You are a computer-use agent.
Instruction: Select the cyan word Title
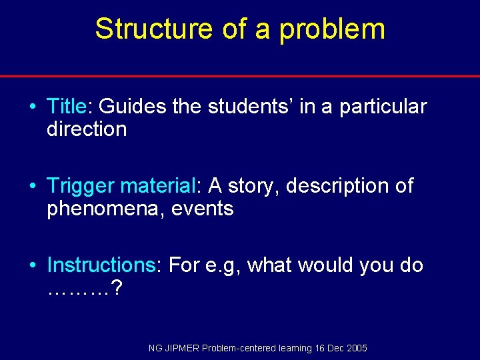[67, 107]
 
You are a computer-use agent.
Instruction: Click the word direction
[87, 129]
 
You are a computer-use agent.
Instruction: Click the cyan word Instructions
[101, 265]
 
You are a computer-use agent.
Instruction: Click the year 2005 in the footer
[357, 348]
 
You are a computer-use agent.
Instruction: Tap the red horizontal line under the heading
[240, 76]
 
